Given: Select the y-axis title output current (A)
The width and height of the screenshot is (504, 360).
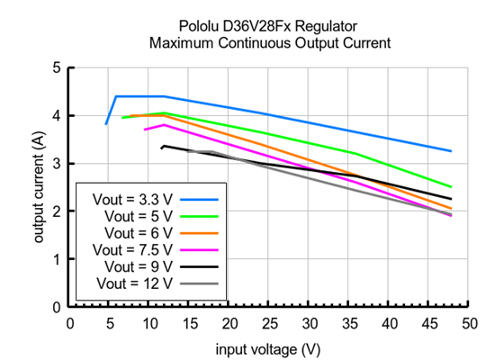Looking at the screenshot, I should [x=40, y=187].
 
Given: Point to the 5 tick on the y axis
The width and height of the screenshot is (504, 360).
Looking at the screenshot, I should [x=58, y=67].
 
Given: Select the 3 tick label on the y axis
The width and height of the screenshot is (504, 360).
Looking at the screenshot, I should [x=58, y=163].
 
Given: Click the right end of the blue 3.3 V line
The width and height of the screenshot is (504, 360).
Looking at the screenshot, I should [x=451, y=151].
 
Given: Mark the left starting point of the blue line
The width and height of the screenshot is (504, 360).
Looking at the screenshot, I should [x=106, y=123].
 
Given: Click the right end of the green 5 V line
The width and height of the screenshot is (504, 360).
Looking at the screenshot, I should [x=451, y=187].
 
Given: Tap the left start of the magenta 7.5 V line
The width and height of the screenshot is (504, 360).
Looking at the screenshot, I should [x=144, y=130].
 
